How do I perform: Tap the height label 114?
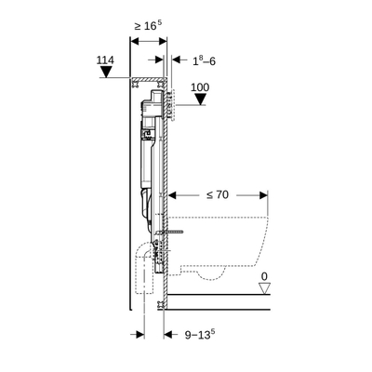(106, 61)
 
